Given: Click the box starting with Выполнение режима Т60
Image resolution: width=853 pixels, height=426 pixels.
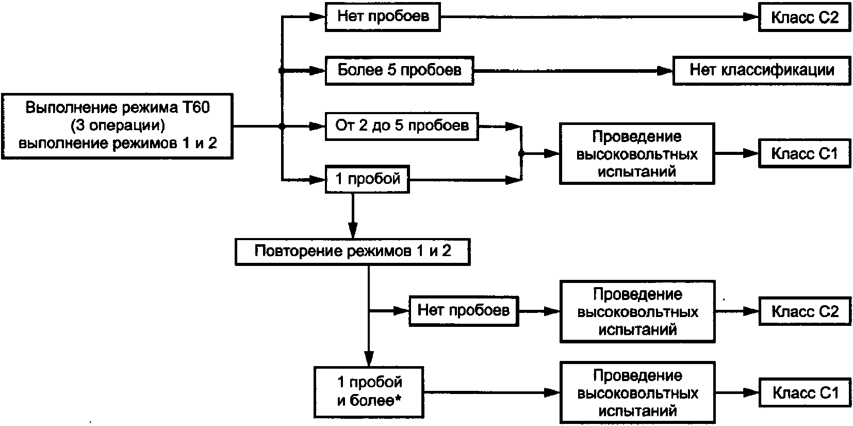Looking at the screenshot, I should click(117, 125).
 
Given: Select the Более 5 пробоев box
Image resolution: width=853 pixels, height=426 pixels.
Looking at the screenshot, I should click(399, 70).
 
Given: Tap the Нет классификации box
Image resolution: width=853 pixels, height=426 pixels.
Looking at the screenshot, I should click(762, 70).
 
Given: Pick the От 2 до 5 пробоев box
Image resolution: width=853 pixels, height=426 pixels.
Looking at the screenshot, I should click(402, 125).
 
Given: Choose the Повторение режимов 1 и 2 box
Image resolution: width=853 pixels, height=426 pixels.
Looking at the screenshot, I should click(352, 251).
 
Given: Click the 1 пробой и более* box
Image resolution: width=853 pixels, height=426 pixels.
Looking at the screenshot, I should click(369, 391).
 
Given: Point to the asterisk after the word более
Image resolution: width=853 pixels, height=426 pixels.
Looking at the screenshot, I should click(398, 399).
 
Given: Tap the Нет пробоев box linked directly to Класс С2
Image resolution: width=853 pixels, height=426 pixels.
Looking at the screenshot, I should click(383, 17).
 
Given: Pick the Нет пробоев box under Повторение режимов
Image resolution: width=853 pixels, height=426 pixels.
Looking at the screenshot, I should click(463, 310).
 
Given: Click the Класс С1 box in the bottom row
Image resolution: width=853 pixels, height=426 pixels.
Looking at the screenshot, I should click(805, 393).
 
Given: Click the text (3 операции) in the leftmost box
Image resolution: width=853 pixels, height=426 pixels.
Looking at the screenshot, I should click(118, 125).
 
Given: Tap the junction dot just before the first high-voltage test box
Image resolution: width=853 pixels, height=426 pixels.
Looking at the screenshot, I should click(521, 154).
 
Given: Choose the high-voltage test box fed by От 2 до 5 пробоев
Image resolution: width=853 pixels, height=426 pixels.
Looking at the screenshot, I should click(637, 153).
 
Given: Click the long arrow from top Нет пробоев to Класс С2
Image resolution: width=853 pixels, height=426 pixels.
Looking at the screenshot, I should click(598, 17).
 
